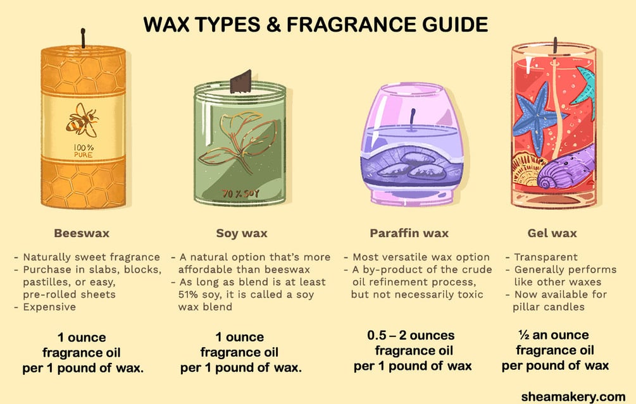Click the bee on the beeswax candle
click(82, 120)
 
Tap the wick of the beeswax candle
click(83, 38)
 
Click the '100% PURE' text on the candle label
click(83, 150)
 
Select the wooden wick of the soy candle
click(241, 81)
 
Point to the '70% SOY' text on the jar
click(240, 193)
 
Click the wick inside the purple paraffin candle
click(413, 120)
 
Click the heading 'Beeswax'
click(82, 233)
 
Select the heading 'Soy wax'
click(241, 233)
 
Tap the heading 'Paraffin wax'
click(409, 233)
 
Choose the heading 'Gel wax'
click(552, 233)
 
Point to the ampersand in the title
click(274, 25)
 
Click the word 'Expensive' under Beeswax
click(49, 307)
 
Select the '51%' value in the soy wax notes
click(187, 294)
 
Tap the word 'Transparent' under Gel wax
click(546, 257)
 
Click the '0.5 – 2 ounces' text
click(411, 335)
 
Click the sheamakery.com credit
click(573, 396)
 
